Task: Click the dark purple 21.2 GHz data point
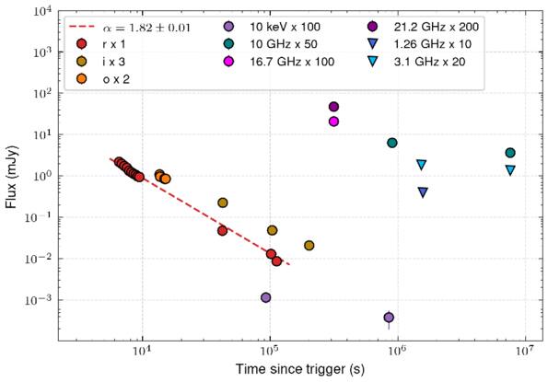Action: [x=334, y=107]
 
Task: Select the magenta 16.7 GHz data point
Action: [x=334, y=122]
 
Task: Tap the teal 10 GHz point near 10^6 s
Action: [x=392, y=143]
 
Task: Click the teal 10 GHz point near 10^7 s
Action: [x=510, y=153]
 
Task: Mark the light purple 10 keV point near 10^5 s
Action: [x=266, y=297]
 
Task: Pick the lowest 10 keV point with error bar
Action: [x=389, y=318]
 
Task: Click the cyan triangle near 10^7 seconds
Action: [x=510, y=170]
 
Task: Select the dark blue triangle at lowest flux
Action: [x=423, y=192]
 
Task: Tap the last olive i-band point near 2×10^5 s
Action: [x=309, y=246]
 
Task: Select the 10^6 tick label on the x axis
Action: [x=397, y=350]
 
